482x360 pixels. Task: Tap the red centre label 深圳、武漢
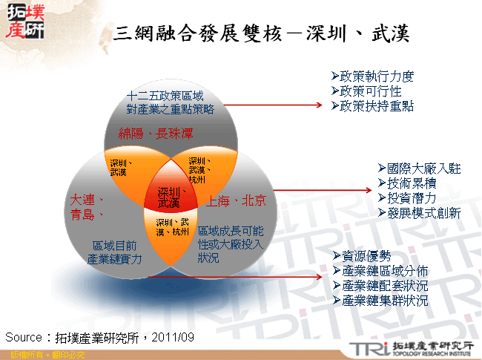169,197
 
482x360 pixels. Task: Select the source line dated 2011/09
99,337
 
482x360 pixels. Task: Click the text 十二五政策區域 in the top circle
165,96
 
